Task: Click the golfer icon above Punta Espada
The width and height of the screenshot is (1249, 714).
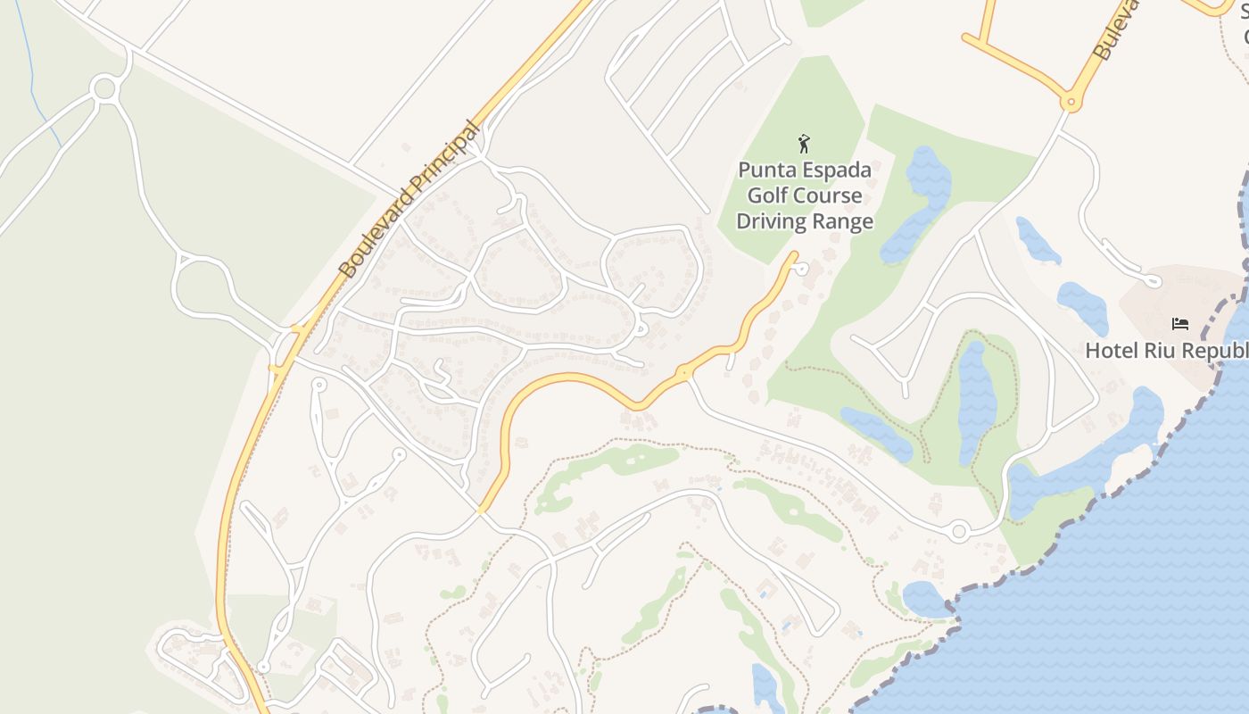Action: click(x=804, y=143)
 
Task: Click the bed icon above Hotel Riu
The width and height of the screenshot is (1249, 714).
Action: click(x=1180, y=324)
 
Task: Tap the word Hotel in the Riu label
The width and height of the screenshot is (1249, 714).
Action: click(x=1109, y=351)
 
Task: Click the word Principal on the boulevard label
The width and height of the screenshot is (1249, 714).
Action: click(x=440, y=166)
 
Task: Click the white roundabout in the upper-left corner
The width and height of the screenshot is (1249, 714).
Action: click(x=104, y=88)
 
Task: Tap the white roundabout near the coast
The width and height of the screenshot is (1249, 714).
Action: click(x=959, y=532)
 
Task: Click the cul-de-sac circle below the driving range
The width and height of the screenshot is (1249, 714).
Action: click(x=802, y=268)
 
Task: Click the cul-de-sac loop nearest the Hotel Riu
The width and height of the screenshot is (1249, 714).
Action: click(x=1153, y=282)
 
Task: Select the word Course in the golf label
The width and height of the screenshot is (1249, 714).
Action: click(x=826, y=195)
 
